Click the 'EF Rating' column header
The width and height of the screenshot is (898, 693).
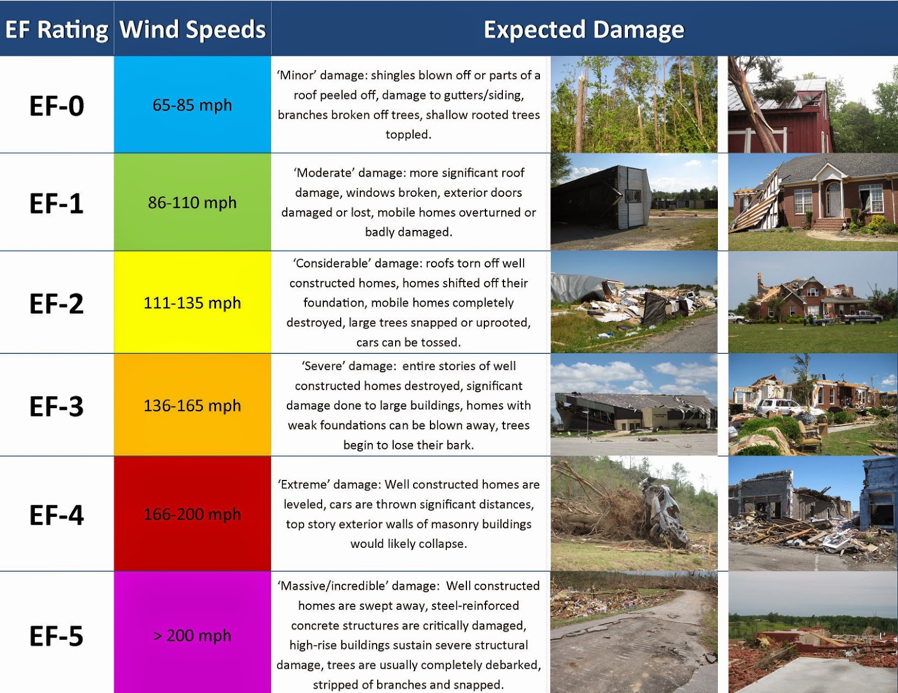click(x=57, y=30)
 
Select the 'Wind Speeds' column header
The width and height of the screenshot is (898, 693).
click(x=193, y=30)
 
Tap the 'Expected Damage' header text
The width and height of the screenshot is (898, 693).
click(x=584, y=30)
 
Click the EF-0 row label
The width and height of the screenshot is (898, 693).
click(x=57, y=105)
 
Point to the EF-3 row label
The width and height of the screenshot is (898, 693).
click(x=57, y=406)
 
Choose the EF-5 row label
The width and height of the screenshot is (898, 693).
click(x=57, y=636)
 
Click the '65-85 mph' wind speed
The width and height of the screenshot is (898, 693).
click(x=192, y=105)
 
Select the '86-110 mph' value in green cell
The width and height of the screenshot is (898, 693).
click(x=192, y=202)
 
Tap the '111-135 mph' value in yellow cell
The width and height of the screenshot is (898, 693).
click(x=192, y=303)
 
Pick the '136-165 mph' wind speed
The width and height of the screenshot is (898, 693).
click(x=192, y=405)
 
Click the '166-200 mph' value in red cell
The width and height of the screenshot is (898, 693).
click(x=192, y=514)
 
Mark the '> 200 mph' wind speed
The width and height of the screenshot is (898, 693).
click(x=192, y=635)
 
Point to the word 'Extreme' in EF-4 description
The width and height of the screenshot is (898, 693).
click(x=303, y=484)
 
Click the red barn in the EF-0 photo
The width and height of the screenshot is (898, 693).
click(x=780, y=121)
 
